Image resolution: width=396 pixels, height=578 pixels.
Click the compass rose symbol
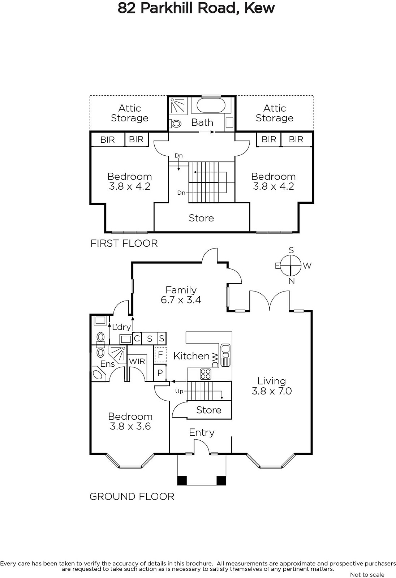(291, 265)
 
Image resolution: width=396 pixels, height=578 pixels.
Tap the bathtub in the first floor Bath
(211, 105)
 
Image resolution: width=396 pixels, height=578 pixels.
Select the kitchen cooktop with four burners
(206, 374)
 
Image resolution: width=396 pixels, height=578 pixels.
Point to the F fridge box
(160, 355)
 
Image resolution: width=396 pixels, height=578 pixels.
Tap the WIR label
(137, 361)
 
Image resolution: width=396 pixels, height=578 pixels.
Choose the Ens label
(107, 364)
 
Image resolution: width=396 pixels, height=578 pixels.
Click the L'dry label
(122, 327)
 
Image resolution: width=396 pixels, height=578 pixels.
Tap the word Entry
(202, 432)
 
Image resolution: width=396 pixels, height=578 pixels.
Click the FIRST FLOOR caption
(124, 243)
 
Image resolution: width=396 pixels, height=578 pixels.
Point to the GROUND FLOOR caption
(132, 496)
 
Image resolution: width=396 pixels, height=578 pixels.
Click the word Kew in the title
(259, 8)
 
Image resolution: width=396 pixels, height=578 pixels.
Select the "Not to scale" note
(367, 574)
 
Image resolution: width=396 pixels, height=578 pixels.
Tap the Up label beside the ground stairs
(179, 391)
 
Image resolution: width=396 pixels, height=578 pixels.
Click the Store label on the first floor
(201, 218)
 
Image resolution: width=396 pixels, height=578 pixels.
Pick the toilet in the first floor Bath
(176, 124)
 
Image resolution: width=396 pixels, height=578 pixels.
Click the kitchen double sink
(225, 355)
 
